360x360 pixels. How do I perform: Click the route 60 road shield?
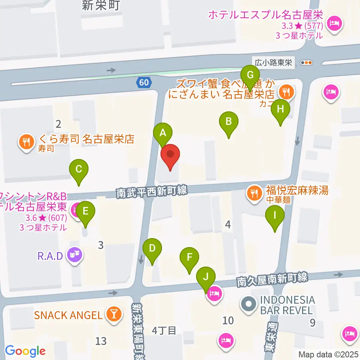(144, 82)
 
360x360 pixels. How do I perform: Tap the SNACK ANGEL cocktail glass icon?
(112, 314)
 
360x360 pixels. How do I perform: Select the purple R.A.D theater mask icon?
(74, 256)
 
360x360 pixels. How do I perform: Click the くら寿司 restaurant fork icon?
(25, 142)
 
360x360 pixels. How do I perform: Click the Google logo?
(25, 351)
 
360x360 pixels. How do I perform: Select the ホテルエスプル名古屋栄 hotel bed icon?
(333, 24)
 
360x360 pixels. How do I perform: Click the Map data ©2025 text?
(328, 354)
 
